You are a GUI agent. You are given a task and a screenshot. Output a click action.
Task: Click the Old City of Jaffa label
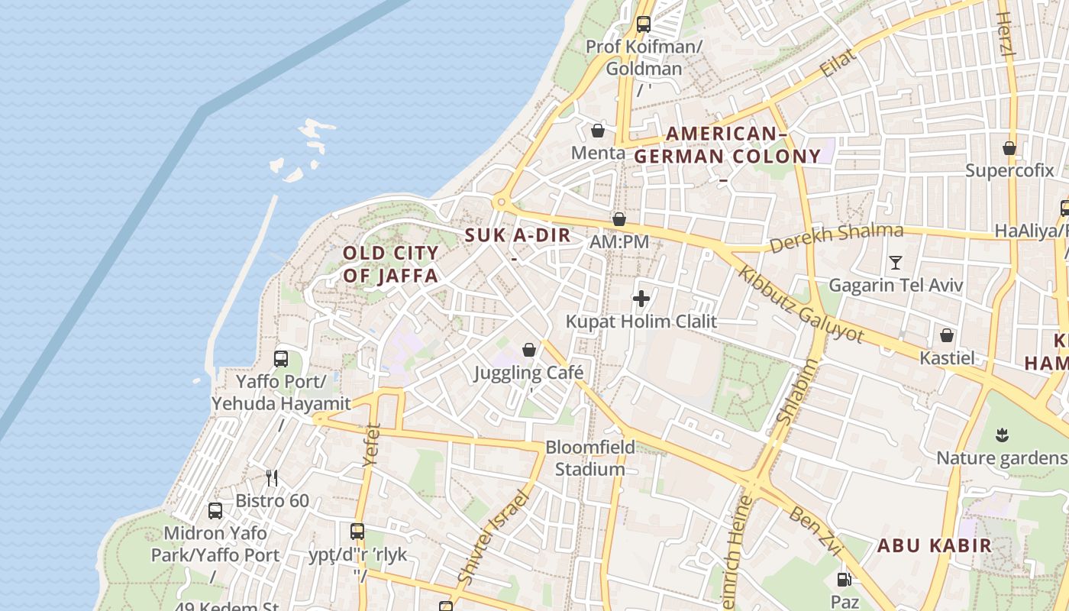point(390,264)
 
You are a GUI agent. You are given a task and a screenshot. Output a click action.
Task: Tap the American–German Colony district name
point(727,145)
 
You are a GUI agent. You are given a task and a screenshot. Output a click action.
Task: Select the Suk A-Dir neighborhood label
point(518,235)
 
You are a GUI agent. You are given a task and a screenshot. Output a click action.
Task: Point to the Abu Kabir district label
point(934,545)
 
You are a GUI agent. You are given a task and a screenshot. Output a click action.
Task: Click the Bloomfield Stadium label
point(589,457)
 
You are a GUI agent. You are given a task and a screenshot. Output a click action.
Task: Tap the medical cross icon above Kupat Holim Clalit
point(641,299)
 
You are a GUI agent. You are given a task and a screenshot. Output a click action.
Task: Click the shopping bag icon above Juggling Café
point(528,350)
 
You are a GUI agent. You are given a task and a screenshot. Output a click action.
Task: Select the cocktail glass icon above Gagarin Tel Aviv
point(896,263)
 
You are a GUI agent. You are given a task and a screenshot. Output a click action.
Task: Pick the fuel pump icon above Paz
point(844,580)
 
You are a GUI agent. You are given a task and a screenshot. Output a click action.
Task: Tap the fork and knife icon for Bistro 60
point(272,478)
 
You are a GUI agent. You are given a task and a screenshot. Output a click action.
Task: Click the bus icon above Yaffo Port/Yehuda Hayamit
point(281,358)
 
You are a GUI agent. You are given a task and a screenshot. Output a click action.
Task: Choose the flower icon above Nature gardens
point(1002,435)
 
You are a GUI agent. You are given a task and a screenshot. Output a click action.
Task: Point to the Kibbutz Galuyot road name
point(801,305)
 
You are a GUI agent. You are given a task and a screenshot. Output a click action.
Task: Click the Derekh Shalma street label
point(836,238)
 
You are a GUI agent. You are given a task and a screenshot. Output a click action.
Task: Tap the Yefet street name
point(372,445)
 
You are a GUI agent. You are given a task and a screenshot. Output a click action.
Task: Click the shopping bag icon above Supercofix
point(1009,148)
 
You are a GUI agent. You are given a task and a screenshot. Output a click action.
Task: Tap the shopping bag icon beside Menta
point(598,131)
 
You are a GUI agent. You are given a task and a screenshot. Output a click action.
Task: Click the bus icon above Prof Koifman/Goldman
point(643,24)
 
